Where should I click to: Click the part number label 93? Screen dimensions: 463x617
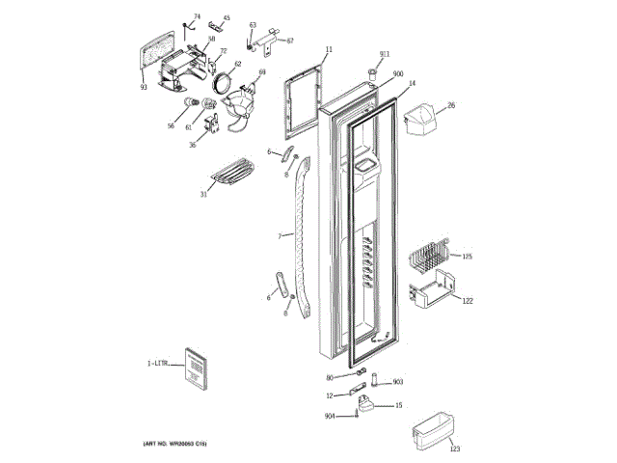click(x=143, y=88)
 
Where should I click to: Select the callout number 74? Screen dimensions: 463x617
click(x=197, y=16)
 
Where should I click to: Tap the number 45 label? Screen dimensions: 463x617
click(x=227, y=17)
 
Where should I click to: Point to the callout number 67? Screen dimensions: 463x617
click(x=289, y=41)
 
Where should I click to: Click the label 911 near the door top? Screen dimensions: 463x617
click(x=384, y=54)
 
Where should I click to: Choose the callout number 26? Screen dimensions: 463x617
click(x=450, y=104)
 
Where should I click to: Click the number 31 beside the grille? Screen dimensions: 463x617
click(x=203, y=195)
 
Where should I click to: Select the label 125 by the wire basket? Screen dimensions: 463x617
click(x=467, y=256)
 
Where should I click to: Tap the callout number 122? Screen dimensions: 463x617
click(x=467, y=302)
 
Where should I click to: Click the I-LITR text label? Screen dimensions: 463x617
click(x=157, y=364)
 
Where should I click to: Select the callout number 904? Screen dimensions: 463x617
click(x=330, y=416)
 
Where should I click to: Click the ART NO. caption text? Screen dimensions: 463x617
click(x=174, y=442)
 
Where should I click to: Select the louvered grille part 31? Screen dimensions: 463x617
click(x=231, y=174)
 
